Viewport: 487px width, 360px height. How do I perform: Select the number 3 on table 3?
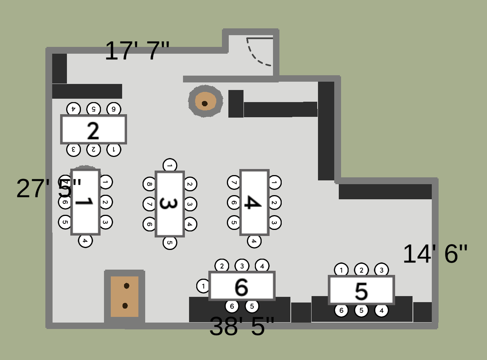169,203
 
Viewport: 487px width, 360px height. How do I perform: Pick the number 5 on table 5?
361,291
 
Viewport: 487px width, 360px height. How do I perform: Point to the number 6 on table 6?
242,287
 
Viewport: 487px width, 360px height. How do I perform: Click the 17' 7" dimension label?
137,51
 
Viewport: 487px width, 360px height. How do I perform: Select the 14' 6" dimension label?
435,254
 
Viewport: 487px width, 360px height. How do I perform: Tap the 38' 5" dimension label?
242,326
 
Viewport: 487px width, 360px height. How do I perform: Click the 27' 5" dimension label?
49,188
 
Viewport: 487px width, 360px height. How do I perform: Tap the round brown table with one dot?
205,101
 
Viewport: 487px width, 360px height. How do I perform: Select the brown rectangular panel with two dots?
124,296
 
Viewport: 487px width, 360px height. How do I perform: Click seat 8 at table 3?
150,184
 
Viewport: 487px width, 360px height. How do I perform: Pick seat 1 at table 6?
203,286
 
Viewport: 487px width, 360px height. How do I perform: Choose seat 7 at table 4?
234,183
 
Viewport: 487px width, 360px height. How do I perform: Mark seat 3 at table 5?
381,270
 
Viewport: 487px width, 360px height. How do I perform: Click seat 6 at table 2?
113,109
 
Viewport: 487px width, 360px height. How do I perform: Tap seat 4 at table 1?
85,240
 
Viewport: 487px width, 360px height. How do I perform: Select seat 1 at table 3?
170,165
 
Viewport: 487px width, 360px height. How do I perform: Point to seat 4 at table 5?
381,310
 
